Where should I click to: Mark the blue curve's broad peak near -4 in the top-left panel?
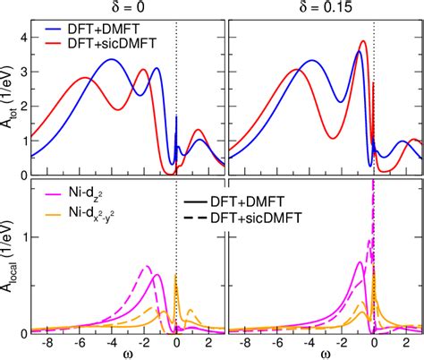pos(112,60)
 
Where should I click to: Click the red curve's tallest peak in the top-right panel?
pos(362,41)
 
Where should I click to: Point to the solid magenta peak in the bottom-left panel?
pos(157,276)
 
